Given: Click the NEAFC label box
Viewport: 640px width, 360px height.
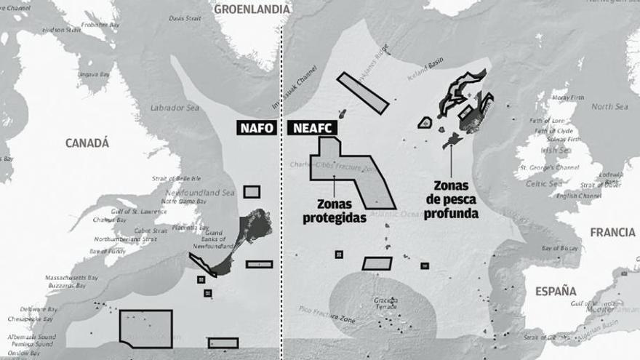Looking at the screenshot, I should [x=311, y=128].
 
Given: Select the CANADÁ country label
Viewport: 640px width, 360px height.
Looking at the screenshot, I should [x=87, y=143].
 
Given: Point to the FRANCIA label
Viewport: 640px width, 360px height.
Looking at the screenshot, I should [x=612, y=233].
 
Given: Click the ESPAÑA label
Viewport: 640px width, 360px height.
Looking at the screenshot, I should [x=556, y=291].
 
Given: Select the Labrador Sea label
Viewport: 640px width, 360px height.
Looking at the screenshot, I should [x=174, y=108].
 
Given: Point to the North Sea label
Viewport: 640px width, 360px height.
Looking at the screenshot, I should [x=609, y=107].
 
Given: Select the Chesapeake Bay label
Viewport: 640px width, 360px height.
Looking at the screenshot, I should [x=30, y=319].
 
